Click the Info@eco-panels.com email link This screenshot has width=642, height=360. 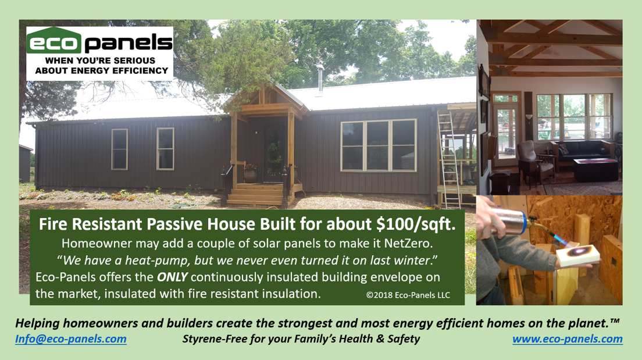(71, 339)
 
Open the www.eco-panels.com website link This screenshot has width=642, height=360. (568, 339)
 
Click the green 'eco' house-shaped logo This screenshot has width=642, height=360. (54, 40)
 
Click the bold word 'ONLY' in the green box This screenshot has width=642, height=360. (172, 277)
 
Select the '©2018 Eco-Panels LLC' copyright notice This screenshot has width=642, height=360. (408, 295)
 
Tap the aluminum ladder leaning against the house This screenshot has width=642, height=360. (449, 160)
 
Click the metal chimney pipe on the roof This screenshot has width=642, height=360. (320, 78)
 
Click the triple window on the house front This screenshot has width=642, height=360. (379, 145)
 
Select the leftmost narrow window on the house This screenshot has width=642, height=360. (120, 149)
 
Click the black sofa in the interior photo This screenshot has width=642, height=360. (583, 152)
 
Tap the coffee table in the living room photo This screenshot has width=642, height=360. (595, 169)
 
